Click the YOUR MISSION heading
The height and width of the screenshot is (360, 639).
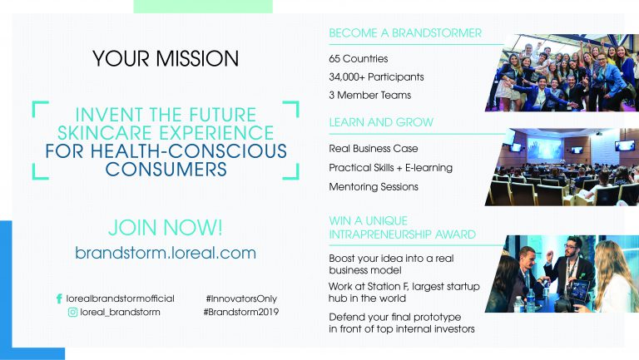click(x=166, y=59)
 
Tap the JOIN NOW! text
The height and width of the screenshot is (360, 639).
click(x=166, y=226)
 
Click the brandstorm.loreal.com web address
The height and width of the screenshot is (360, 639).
click(x=166, y=253)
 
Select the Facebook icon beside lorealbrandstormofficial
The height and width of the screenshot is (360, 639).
click(x=59, y=298)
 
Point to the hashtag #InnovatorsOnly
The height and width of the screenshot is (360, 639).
click(x=242, y=298)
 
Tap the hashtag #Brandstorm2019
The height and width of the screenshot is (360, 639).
click(x=241, y=313)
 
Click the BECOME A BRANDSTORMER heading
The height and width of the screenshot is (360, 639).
click(x=405, y=33)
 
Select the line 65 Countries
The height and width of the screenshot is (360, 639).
click(x=359, y=59)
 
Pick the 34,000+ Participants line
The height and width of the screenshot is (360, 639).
click(x=376, y=77)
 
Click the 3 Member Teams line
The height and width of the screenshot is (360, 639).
click(x=370, y=96)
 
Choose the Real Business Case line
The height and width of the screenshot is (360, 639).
click(x=374, y=150)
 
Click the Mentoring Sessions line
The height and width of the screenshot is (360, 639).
click(x=374, y=186)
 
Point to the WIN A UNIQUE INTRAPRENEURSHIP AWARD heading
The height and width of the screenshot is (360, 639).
click(x=403, y=228)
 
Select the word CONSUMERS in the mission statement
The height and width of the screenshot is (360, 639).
click(x=166, y=169)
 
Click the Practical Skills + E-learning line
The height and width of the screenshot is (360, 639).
click(x=391, y=168)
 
